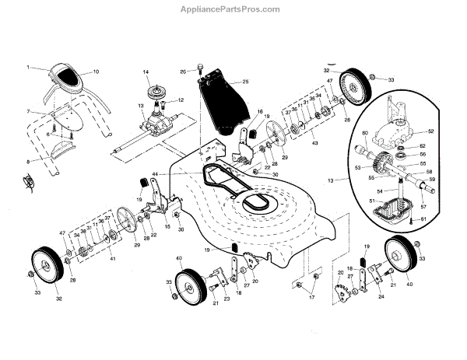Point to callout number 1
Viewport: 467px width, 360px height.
click(x=29, y=67)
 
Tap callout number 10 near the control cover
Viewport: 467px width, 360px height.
click(x=96, y=72)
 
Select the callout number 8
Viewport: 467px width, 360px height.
click(x=29, y=161)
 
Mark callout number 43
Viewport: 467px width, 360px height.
click(x=314, y=145)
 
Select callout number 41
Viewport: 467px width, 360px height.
click(x=112, y=257)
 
